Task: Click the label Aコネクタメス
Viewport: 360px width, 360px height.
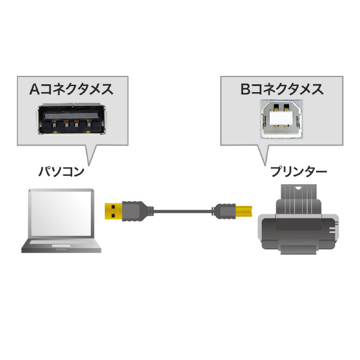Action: (72, 89)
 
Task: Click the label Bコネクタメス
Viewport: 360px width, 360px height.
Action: (282, 89)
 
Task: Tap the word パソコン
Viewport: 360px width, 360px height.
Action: (61, 172)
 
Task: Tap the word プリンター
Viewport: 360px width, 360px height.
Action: (299, 172)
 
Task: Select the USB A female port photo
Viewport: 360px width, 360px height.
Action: (72, 119)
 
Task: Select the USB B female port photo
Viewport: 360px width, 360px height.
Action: (282, 119)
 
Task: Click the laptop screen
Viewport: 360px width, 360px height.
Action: (61, 214)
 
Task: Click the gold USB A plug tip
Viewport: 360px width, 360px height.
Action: (113, 211)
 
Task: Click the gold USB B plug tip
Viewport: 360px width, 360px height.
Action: (244, 211)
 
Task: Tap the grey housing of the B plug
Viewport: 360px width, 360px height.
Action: (226, 211)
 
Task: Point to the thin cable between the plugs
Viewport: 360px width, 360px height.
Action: (182, 211)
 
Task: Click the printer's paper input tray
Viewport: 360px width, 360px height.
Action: (299, 193)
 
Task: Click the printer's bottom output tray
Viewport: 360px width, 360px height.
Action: (299, 249)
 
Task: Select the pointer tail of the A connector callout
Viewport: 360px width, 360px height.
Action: (89, 155)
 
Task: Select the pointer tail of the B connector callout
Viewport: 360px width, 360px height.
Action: (264, 155)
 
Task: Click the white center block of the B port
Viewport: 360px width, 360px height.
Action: (282, 119)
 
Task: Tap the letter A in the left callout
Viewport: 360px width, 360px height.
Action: (35, 89)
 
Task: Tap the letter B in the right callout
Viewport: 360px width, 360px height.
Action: (245, 89)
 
